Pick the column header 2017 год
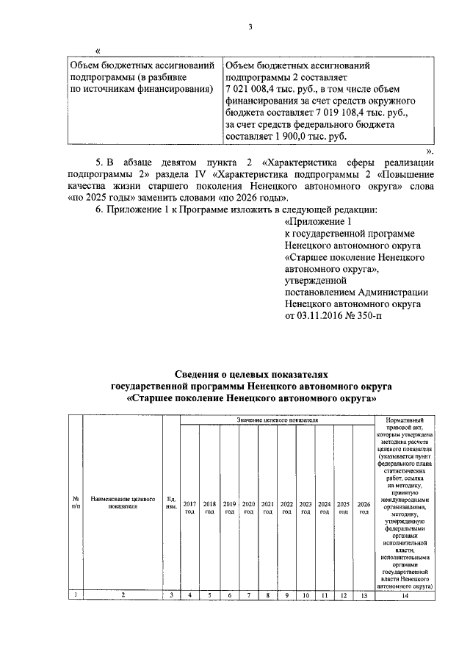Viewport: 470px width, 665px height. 190,507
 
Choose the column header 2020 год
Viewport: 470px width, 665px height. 248,507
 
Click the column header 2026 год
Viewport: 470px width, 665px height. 363,507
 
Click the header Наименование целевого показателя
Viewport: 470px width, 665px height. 122,502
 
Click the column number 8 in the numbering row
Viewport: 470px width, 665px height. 267,594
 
